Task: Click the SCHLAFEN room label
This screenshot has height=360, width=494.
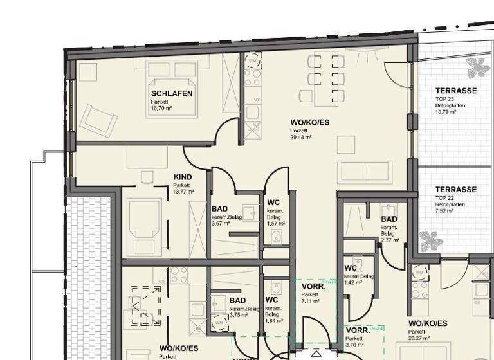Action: pyautogui.click(x=172, y=93)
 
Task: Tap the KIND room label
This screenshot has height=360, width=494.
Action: pyautogui.click(x=183, y=177)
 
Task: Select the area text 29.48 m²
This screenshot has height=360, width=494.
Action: pyautogui.click(x=301, y=137)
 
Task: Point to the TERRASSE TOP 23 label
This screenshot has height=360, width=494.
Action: pyautogui.click(x=455, y=91)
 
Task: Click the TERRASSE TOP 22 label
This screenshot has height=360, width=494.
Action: pyautogui.click(x=455, y=190)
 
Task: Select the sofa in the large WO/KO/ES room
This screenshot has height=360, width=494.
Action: pyautogui.click(x=365, y=171)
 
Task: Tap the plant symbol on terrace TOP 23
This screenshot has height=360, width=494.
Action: pyautogui.click(x=477, y=67)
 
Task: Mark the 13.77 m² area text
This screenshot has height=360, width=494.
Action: pyautogui.click(x=183, y=191)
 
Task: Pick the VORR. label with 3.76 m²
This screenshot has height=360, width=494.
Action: pyautogui.click(x=357, y=330)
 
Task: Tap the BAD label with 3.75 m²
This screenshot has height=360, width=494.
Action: pyautogui.click(x=237, y=300)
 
